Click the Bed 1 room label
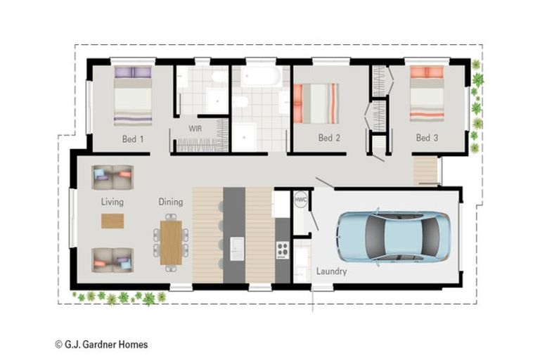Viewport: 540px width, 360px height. [x=133, y=139]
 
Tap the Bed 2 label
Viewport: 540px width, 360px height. [x=329, y=138]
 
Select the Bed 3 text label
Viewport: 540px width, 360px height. [x=427, y=138]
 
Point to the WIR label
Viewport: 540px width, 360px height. [x=195, y=129]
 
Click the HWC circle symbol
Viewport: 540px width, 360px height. [x=301, y=200]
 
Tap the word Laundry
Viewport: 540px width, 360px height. [x=331, y=271]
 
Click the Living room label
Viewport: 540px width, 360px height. [x=112, y=202]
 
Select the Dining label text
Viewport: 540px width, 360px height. [x=170, y=202]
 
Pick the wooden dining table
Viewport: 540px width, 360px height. [x=171, y=243]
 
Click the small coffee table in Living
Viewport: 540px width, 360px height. [x=112, y=221]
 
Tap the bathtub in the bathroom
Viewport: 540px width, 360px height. [x=261, y=76]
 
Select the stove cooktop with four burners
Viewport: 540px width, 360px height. [x=283, y=250]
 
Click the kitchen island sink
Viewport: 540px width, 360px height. [x=237, y=248]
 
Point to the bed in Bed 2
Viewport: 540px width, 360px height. [x=316, y=103]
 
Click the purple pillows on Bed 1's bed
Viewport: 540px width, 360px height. [x=133, y=72]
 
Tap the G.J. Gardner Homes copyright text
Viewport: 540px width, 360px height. [x=101, y=344]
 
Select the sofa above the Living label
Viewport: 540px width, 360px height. [x=112, y=177]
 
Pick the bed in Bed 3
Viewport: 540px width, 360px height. [x=427, y=94]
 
